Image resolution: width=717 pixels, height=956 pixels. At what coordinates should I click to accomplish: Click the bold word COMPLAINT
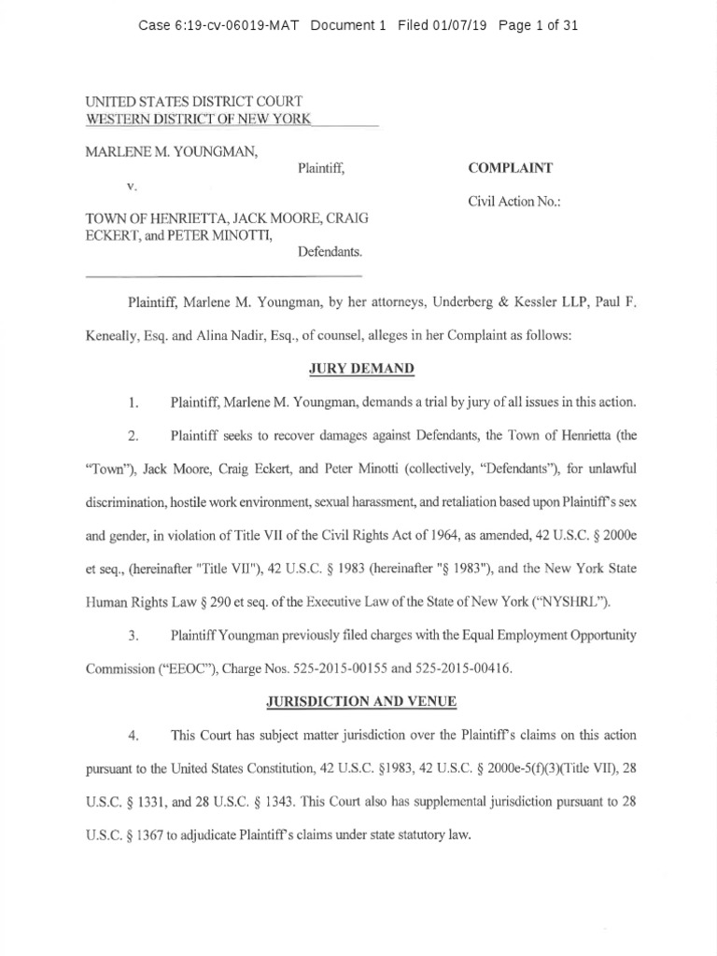[x=510, y=168]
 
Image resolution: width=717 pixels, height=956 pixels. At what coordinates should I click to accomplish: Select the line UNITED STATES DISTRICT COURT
[x=193, y=101]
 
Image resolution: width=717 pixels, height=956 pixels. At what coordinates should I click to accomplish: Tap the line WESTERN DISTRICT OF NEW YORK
[x=198, y=119]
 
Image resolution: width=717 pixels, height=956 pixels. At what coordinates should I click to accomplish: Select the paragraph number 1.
[x=134, y=403]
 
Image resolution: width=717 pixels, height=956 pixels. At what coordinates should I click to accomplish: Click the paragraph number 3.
[x=134, y=635]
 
